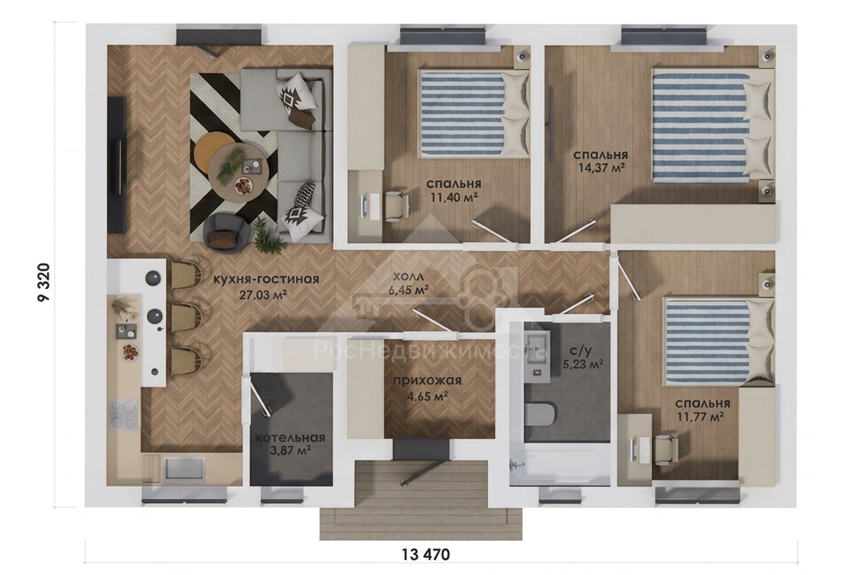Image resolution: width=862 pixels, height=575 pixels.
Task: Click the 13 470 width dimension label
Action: point(426,554)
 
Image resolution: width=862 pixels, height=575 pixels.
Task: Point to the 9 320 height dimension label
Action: point(44,282)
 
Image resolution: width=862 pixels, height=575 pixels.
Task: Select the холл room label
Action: point(408,276)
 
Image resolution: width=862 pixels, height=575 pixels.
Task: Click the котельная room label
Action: point(290,438)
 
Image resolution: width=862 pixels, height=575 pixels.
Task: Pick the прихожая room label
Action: point(427,381)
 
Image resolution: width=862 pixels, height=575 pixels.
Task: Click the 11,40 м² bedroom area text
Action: point(454,197)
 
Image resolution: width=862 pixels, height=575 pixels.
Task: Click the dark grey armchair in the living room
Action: point(227,232)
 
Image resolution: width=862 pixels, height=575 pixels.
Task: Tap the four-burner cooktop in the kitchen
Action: point(124,414)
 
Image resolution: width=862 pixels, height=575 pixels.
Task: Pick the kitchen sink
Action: point(183,469)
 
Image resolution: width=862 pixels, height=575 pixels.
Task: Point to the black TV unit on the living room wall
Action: point(117,165)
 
